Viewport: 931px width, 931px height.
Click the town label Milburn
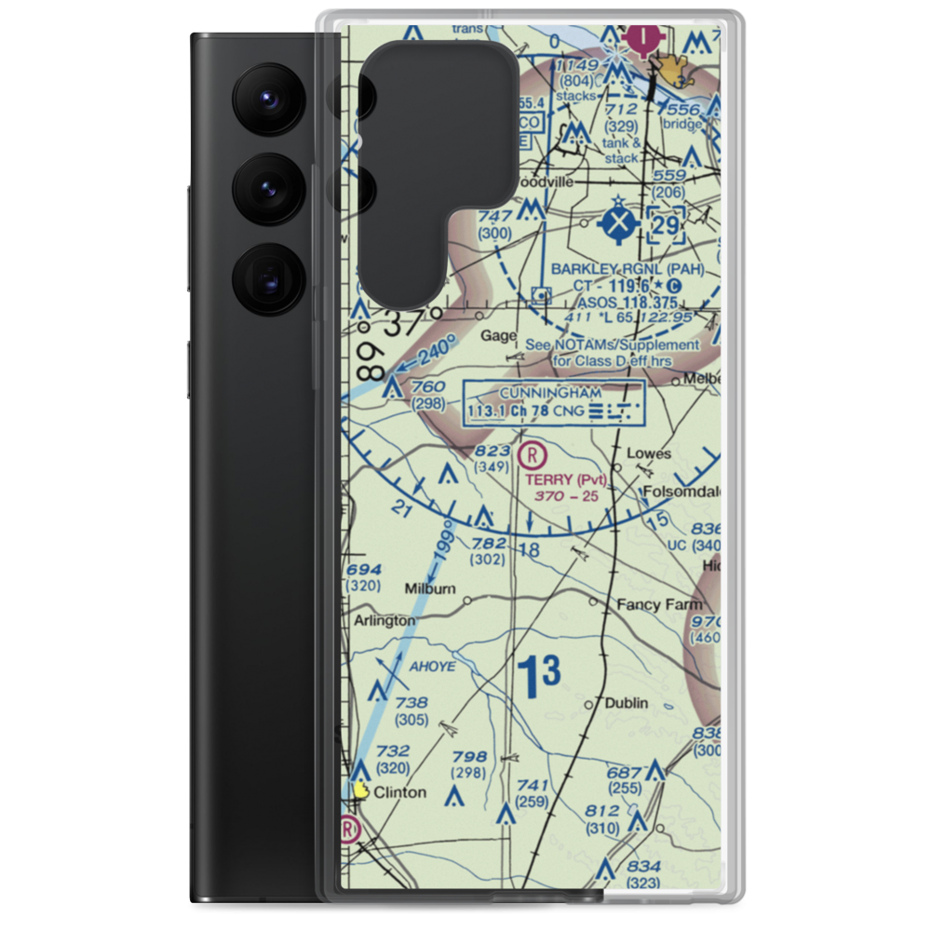429,588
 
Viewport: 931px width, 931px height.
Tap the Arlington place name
385,620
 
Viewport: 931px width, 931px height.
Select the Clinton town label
399,792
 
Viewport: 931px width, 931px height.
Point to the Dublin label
626,703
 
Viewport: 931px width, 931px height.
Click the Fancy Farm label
659,604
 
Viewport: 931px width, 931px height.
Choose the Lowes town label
648,453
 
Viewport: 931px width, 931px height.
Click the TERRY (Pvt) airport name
565,479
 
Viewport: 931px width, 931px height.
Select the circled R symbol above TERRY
531,455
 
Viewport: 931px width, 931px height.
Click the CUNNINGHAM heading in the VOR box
550,393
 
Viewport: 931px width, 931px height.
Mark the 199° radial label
443,547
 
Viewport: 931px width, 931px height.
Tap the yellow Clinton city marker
361,790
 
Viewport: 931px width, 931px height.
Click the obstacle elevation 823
492,451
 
